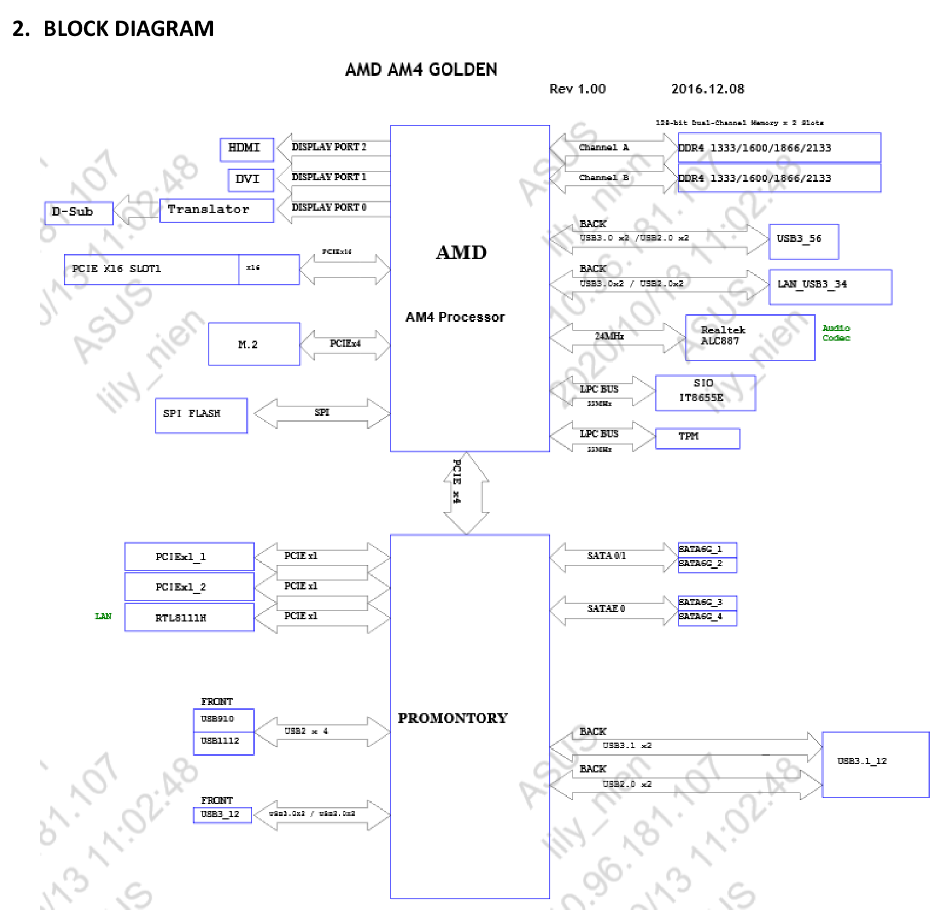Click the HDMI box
coord(247,149)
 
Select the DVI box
coord(251,180)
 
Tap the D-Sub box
coord(79,212)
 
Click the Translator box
coord(216,210)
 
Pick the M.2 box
coord(254,344)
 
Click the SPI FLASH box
coord(201,415)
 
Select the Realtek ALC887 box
coord(749,337)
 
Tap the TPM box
coord(697,438)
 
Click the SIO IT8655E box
coord(705,393)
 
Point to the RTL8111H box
coord(189,617)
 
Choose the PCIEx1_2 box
coord(189,587)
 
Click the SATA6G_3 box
coord(707,602)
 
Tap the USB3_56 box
coord(803,241)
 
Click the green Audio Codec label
coord(836,333)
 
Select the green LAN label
coord(103,616)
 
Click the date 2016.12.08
coord(707,89)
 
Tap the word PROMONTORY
coord(452,718)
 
